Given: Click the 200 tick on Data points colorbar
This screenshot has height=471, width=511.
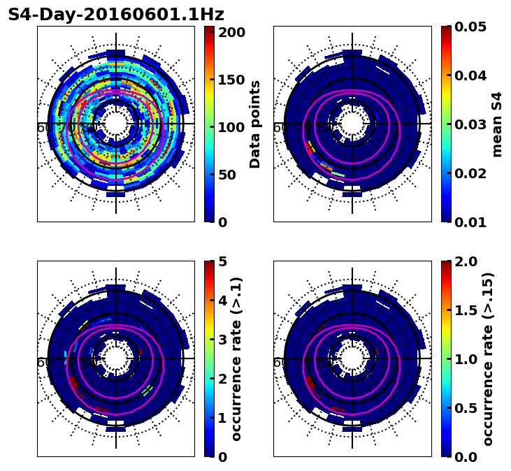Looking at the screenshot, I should pos(231,32).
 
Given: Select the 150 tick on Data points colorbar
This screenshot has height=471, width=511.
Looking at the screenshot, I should pos(231,80).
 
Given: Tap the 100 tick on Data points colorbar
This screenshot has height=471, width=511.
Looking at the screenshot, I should pos(231,127).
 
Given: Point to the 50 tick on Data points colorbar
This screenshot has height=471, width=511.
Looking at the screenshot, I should pos(231,175).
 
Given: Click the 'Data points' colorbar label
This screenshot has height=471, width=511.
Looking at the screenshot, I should pos(255,124).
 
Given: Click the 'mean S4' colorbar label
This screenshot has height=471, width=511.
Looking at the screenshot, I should pos(497,124).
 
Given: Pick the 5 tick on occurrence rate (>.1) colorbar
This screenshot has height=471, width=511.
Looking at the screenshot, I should pos(222,261).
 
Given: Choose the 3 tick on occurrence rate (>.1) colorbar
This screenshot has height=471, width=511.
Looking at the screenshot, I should pos(222,340).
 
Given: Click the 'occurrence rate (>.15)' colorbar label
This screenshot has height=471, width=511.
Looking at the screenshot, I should pos(488,359).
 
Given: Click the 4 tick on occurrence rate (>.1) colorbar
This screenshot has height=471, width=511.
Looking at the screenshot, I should pos(222,300).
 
